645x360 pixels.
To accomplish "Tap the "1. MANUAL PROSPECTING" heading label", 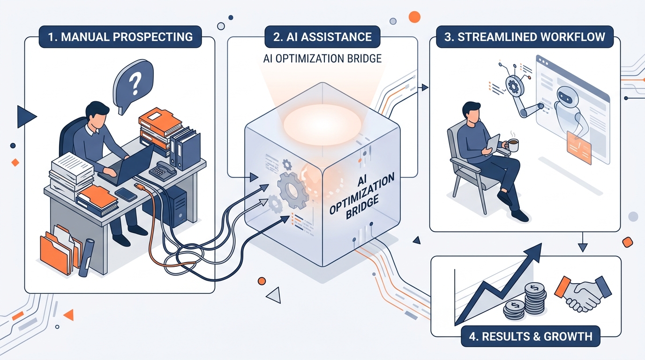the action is (x=120, y=37).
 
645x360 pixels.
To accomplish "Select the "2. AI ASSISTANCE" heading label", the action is (x=322, y=37).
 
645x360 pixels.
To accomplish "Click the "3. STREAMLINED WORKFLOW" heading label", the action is (x=525, y=37).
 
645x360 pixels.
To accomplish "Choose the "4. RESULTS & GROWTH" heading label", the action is (x=531, y=336).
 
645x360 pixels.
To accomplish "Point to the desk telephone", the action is (x=163, y=171).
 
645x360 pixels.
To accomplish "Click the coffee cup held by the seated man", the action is (x=513, y=145).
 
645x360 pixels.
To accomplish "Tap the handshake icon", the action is (x=583, y=294).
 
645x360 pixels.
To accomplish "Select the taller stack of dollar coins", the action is (x=535, y=298).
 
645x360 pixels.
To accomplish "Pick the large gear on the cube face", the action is (x=293, y=190).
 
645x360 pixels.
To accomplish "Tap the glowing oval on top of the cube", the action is (x=322, y=125).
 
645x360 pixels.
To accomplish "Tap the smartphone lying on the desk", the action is (x=126, y=195).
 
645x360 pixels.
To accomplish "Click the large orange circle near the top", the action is (x=415, y=17).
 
